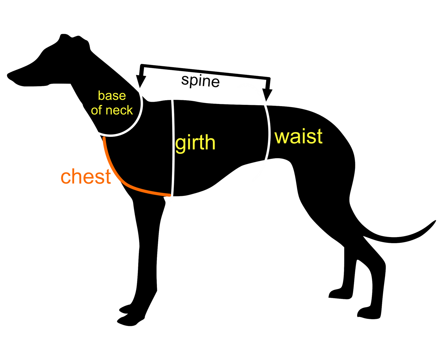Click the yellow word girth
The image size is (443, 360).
pyautogui.click(x=195, y=143)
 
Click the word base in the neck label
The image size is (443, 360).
pyautogui.click(x=112, y=96)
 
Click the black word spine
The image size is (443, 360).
pyautogui.click(x=200, y=81)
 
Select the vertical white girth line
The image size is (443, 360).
pyautogui.click(x=173, y=144)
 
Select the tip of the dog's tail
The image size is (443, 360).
pyautogui.click(x=435, y=221)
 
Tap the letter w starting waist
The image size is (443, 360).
pyautogui.click(x=282, y=137)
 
